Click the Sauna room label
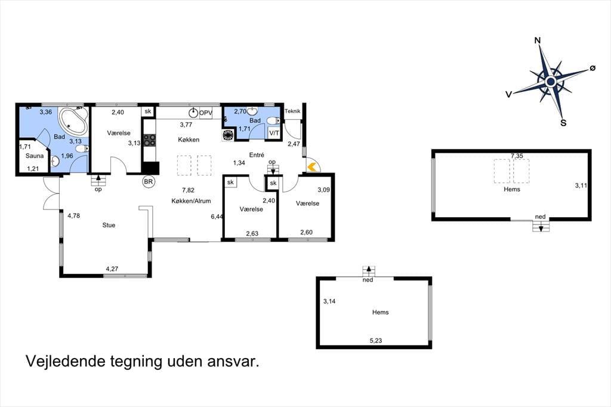35,156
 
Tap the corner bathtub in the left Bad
72,121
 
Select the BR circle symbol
149,181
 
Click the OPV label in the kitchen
206,113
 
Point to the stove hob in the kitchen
149,140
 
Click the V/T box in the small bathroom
274,133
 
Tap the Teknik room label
292,111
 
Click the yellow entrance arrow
311,167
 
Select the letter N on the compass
538,41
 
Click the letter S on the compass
563,123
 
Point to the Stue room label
109,225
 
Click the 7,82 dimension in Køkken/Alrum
188,190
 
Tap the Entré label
257,155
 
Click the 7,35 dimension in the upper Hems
517,156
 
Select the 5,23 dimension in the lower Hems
376,340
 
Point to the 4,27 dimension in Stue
112,269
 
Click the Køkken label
189,140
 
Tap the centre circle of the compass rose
551,82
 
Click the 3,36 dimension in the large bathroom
45,112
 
